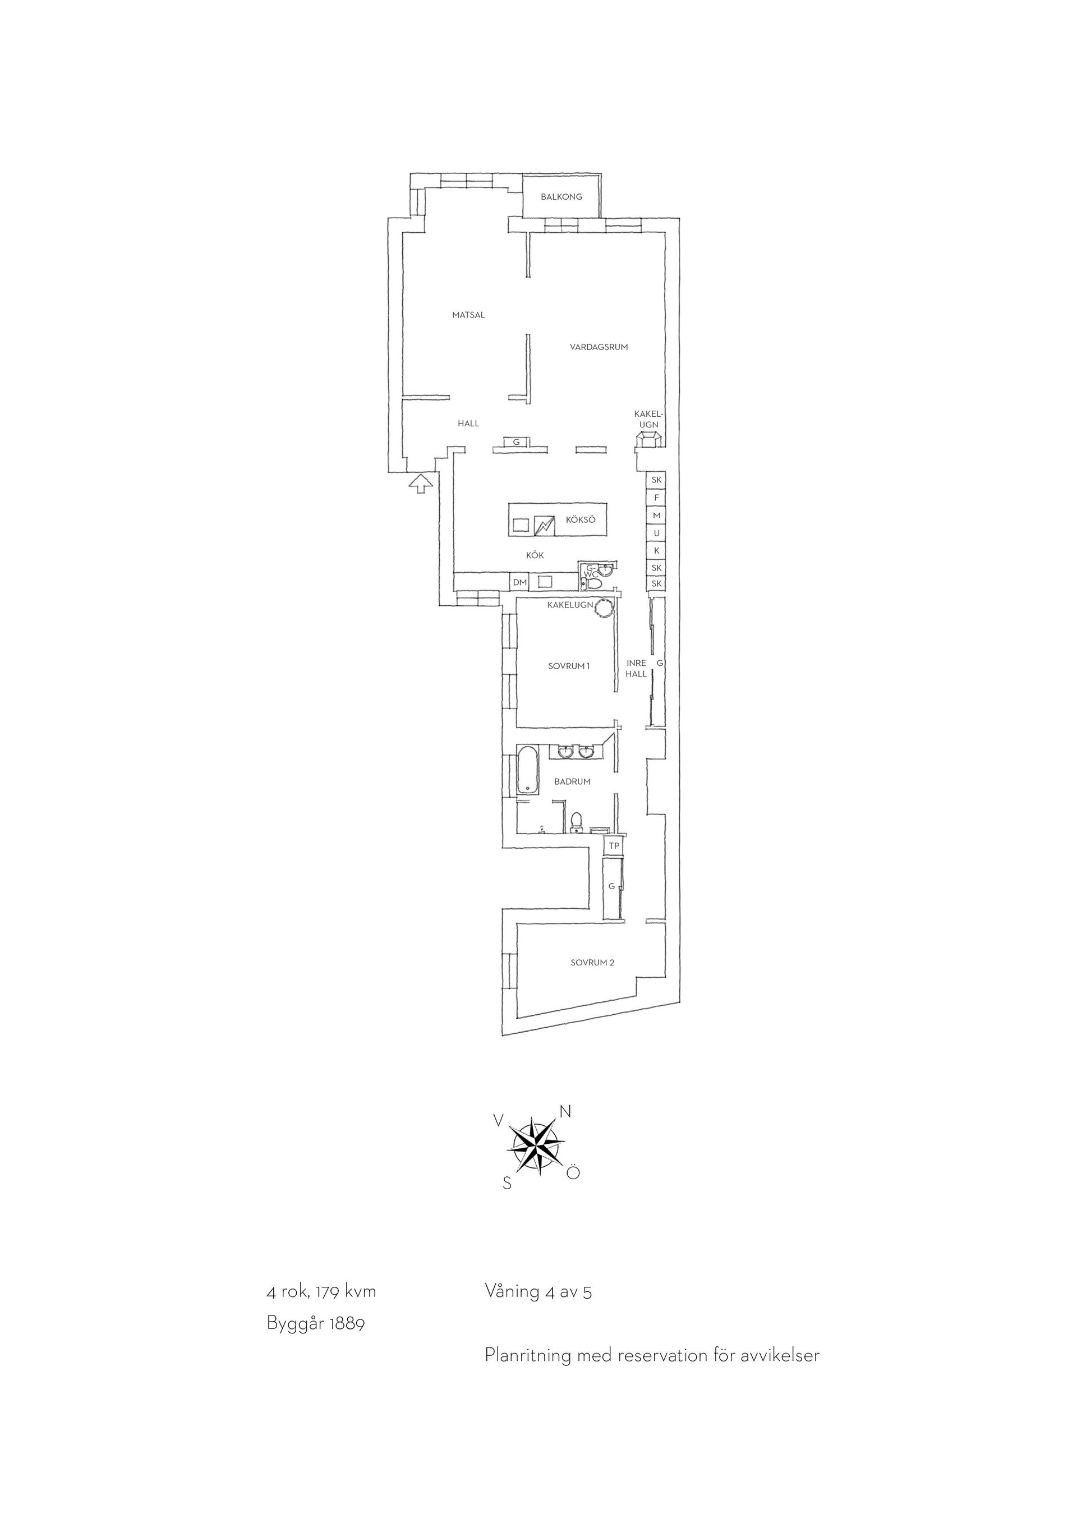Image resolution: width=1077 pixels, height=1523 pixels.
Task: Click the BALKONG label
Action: click(x=561, y=197)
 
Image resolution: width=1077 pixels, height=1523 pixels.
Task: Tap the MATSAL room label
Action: click(x=468, y=315)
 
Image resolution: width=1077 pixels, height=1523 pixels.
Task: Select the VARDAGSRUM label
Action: click(x=598, y=347)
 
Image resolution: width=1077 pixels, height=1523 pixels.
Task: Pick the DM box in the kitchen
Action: click(x=520, y=582)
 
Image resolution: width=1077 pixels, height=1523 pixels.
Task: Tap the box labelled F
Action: click(x=656, y=498)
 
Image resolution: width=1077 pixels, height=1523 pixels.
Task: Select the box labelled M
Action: click(x=656, y=516)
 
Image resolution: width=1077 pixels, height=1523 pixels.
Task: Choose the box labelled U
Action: click(x=656, y=533)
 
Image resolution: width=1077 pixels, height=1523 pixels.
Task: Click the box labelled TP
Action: click(x=614, y=846)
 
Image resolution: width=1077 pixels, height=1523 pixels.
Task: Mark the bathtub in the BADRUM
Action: click(x=528, y=770)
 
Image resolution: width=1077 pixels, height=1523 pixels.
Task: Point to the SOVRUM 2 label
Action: click(x=592, y=963)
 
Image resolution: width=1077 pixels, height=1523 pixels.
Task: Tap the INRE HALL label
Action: click(x=637, y=669)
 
